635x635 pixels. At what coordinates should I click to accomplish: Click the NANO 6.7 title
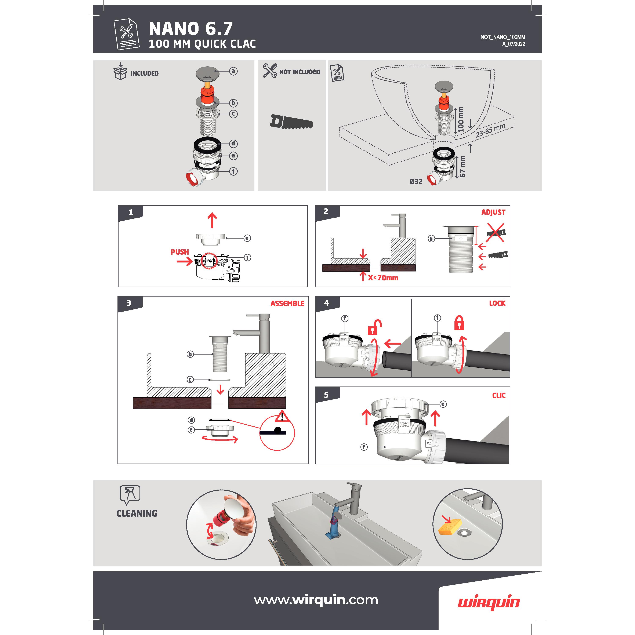tap(191, 29)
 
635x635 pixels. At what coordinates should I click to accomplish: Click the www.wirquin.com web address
tap(316, 600)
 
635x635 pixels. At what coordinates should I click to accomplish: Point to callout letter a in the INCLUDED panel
tap(233, 71)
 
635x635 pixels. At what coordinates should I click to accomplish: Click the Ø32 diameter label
tap(416, 181)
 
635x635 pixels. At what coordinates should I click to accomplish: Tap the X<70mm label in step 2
tap(383, 278)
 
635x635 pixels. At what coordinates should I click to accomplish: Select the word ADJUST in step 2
tap(493, 212)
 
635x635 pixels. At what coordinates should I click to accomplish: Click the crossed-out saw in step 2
tap(496, 232)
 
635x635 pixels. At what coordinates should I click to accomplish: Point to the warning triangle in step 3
tap(282, 416)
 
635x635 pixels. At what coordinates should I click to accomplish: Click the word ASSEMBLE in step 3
tap(287, 303)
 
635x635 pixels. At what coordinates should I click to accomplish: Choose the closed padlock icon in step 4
tap(459, 323)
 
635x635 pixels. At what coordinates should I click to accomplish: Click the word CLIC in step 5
tap(499, 395)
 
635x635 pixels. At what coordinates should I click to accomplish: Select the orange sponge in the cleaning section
tap(450, 527)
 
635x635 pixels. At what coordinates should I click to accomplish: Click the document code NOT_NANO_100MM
tap(502, 37)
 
